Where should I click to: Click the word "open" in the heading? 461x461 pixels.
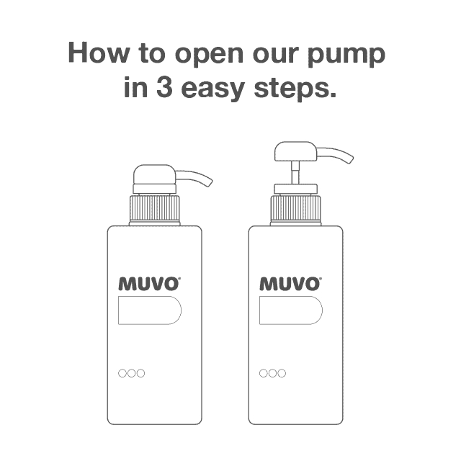(205, 56)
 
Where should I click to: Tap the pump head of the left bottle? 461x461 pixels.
(155, 176)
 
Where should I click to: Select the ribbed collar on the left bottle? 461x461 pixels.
(154, 210)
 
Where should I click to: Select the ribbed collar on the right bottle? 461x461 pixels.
(295, 210)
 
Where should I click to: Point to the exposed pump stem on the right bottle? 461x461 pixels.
(295, 174)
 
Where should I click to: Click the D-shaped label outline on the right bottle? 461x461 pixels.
(291, 310)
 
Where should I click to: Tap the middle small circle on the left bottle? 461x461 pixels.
(132, 373)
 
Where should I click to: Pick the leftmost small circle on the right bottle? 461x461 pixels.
(264, 373)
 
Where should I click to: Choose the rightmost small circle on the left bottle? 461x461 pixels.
(141, 373)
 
